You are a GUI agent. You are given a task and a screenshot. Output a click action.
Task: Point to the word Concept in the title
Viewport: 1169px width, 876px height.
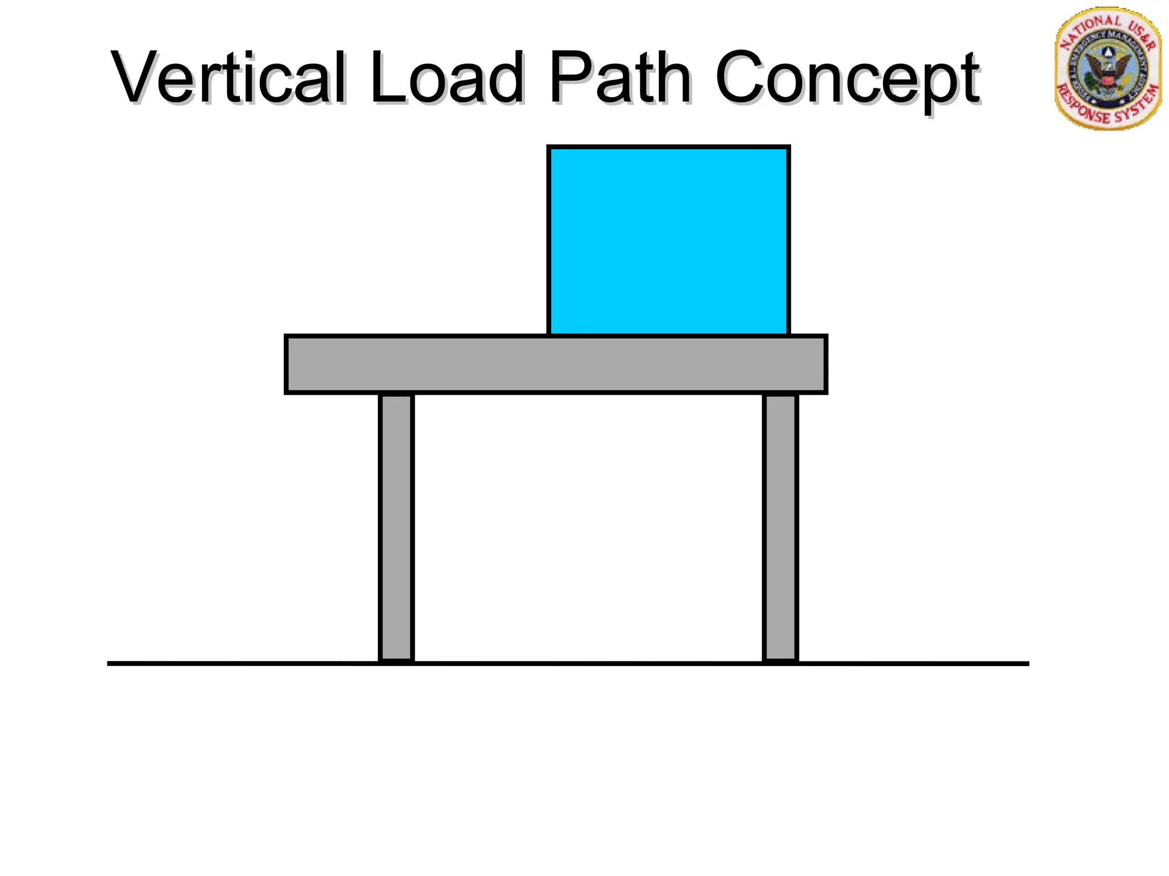pos(847,80)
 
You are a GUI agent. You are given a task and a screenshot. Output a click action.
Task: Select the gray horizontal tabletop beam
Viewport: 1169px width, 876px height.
pos(555,364)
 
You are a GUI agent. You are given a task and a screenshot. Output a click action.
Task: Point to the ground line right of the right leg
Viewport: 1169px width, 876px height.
pos(913,663)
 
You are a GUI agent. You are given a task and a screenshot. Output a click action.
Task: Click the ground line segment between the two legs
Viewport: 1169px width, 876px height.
pos(588,663)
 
